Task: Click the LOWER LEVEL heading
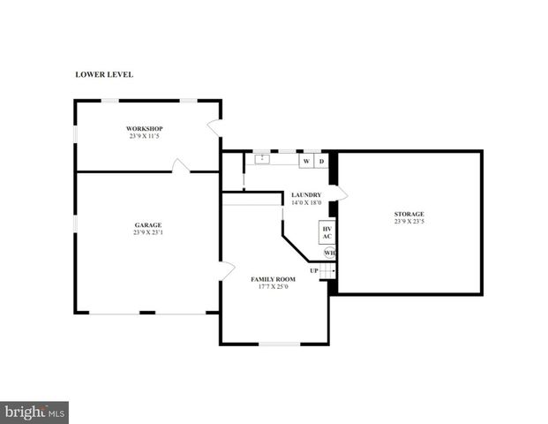(104, 75)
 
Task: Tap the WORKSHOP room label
(146, 129)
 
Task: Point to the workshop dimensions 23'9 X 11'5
(146, 137)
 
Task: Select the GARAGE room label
(147, 225)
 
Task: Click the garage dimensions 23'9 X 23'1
(147, 233)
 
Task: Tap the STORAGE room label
(409, 214)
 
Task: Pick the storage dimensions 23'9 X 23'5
(409, 222)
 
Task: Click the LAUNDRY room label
(306, 194)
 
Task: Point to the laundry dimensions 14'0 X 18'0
(306, 202)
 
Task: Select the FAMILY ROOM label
(274, 279)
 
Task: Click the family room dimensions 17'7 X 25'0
(274, 287)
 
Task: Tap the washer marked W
(306, 162)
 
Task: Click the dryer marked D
(321, 162)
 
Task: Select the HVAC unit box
(327, 232)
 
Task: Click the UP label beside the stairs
(313, 270)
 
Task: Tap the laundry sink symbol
(262, 159)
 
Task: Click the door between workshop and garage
(180, 166)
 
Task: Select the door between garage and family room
(226, 269)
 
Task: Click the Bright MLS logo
(34, 412)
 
